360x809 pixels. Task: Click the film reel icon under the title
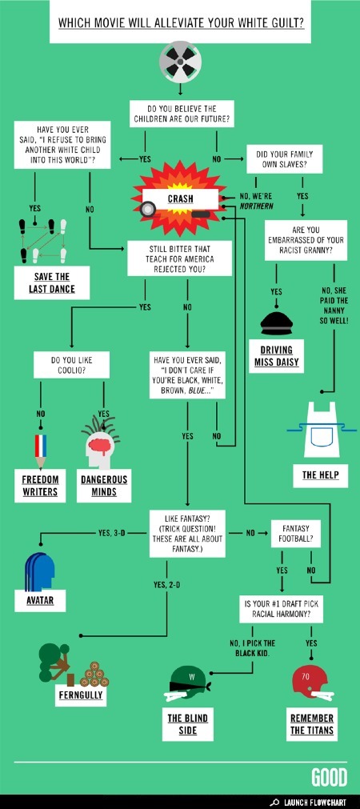[180, 62]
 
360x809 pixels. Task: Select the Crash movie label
[180, 198]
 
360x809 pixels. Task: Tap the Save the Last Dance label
[51, 282]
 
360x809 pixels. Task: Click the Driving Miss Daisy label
[277, 356]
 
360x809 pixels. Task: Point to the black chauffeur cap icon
[277, 323]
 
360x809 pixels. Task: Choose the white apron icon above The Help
[320, 429]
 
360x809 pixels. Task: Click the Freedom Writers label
[40, 486]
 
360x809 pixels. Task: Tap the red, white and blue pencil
[40, 451]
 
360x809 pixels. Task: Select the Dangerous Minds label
[104, 486]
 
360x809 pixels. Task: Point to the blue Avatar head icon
[40, 571]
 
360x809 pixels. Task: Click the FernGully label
[81, 695]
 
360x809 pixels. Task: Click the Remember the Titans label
[312, 724]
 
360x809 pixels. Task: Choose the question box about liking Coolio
[72, 365]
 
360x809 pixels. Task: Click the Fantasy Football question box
[296, 534]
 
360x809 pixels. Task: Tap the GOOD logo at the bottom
[329, 778]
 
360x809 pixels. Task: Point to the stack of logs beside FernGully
[94, 675]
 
